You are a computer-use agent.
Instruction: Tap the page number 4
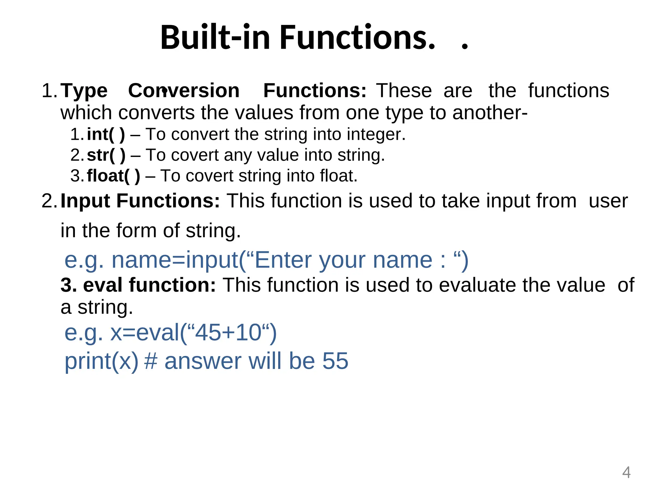(x=626, y=472)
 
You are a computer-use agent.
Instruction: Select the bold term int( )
(x=106, y=134)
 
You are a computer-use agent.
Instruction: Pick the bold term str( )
(x=106, y=155)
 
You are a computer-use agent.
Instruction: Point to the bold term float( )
(x=113, y=176)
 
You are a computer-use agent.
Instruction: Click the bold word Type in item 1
(x=84, y=91)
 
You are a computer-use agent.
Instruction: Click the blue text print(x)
(x=101, y=362)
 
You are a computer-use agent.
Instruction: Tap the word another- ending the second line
(x=490, y=113)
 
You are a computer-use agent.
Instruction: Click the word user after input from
(x=608, y=201)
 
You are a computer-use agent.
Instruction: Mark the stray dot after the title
(x=465, y=47)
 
